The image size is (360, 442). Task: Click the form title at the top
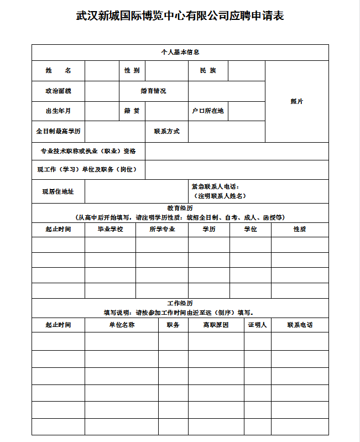[180, 16]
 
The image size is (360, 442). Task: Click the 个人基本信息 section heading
[180, 52]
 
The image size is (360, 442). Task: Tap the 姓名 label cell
[58, 71]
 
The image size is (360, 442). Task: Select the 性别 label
[132, 71]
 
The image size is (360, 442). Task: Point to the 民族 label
[208, 71]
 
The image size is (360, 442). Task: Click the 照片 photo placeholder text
[297, 101]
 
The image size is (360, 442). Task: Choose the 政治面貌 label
[58, 91]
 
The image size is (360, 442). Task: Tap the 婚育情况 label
[153, 91]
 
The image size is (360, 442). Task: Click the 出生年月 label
[58, 111]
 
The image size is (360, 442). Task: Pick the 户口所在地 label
[208, 111]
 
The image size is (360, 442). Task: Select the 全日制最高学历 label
[58, 132]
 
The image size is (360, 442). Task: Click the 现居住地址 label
[58, 191]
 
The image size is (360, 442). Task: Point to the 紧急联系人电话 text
[215, 187]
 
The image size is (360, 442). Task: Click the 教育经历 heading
[180, 209]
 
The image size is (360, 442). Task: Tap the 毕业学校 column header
[110, 229]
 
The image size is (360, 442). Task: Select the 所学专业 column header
[162, 229]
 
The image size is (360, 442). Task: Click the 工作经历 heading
[180, 304]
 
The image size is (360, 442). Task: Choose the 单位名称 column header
[122, 325]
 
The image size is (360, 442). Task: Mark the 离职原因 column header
[216, 325]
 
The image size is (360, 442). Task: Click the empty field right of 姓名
[102, 71]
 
